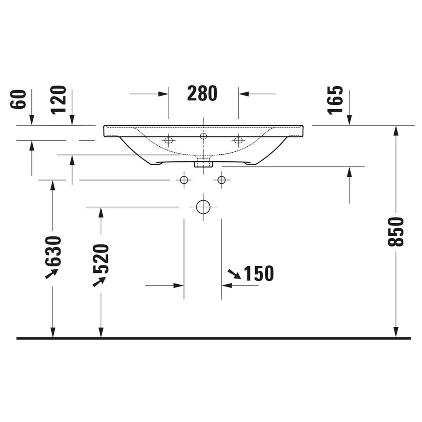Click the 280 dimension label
[202, 94]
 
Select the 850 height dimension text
[396, 232]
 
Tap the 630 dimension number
[54, 251]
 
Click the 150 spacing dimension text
[258, 274]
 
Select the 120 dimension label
[59, 99]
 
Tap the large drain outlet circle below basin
[203, 207]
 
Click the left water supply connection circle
[184, 180]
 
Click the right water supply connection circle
[221, 180]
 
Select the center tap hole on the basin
[203, 136]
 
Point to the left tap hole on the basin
[169, 140]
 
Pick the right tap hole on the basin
[238, 140]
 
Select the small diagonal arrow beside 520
[98, 281]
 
